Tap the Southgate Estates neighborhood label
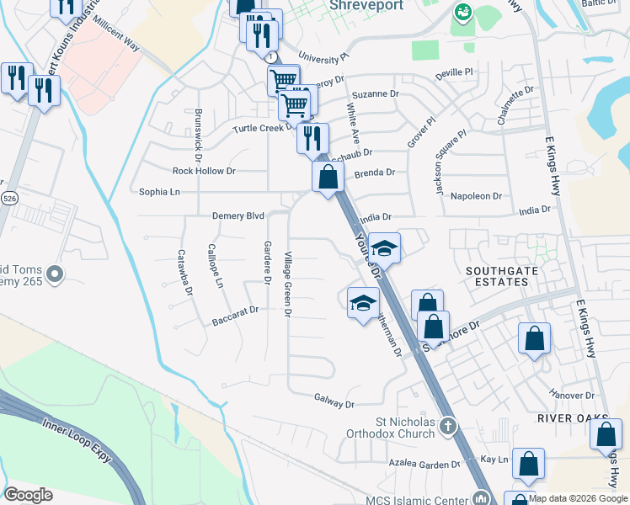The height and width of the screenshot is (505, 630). (498, 275)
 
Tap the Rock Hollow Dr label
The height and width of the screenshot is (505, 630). (204, 170)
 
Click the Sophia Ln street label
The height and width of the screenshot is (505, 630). (159, 192)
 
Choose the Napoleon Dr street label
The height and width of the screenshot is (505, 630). (476, 195)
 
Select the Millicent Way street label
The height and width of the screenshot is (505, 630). (117, 31)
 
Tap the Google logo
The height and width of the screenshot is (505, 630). (28, 495)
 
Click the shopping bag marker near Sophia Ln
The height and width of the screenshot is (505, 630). (328, 178)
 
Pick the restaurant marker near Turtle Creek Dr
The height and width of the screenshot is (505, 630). (312, 137)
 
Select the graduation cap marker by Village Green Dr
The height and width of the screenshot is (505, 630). (363, 303)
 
